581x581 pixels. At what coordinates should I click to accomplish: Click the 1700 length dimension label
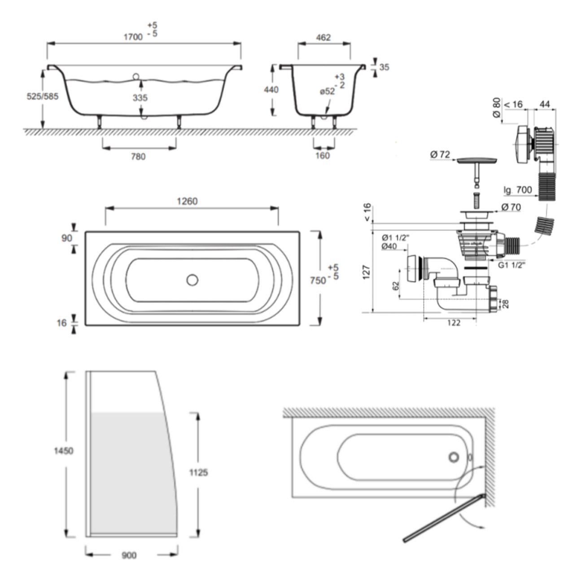(133, 37)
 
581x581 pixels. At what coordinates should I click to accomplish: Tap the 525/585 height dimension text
(43, 96)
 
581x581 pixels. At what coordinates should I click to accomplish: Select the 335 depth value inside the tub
(140, 98)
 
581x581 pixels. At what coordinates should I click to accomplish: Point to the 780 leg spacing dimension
(138, 157)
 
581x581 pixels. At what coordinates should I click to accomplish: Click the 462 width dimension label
(323, 37)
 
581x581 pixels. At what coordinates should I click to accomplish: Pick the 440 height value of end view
(271, 90)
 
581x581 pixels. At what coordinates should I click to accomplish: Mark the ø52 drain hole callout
(327, 91)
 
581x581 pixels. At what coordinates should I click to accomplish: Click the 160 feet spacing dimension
(323, 156)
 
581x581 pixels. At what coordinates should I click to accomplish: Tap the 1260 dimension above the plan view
(187, 201)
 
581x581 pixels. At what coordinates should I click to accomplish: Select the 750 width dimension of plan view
(318, 280)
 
